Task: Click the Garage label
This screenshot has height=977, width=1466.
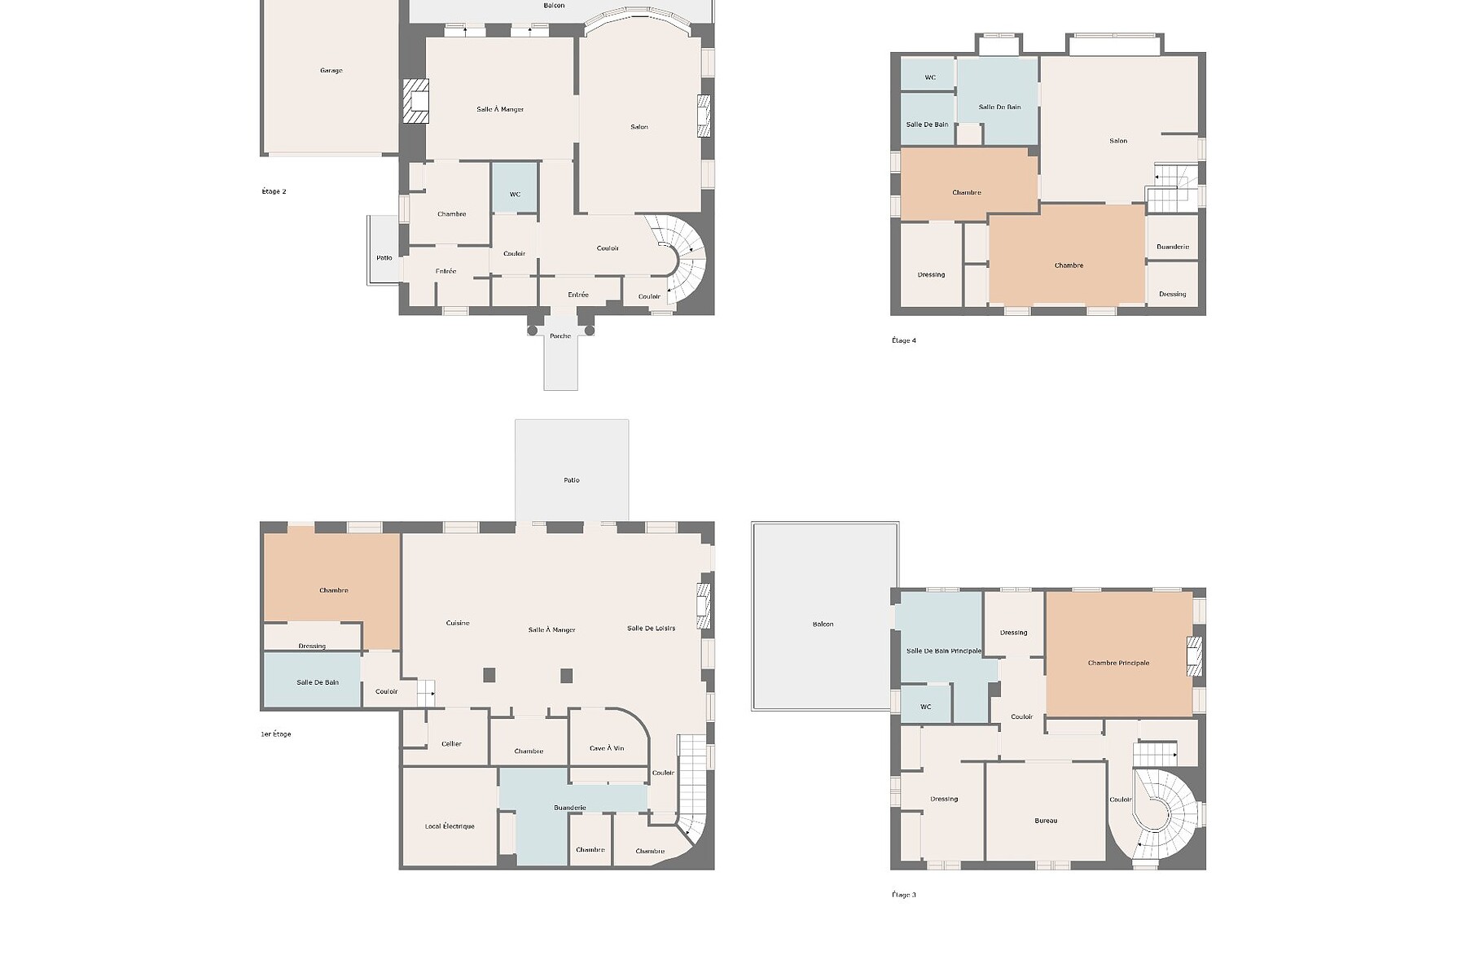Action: point(331,71)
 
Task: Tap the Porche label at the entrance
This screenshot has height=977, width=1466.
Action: point(560,336)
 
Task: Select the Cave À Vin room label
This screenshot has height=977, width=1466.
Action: point(607,748)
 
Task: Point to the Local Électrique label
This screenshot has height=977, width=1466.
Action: point(450,826)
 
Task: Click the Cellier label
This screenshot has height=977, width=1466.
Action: point(451,744)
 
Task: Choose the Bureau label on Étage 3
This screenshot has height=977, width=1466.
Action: point(1046,821)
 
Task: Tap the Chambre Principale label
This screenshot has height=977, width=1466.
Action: point(1118,663)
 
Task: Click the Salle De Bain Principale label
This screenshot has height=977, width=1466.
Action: point(944,651)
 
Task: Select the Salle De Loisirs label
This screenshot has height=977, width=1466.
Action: point(652,628)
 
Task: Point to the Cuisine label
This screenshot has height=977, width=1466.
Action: point(458,623)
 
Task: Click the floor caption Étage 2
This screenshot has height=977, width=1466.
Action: point(274,191)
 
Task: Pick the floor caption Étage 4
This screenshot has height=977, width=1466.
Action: point(904,340)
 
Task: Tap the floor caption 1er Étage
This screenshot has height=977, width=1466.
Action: point(276,734)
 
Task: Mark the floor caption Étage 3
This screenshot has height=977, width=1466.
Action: point(904,895)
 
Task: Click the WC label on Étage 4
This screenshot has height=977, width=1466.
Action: point(930,77)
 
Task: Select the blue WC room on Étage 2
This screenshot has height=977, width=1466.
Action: point(515,188)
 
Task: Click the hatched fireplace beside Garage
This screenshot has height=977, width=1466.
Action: point(416,101)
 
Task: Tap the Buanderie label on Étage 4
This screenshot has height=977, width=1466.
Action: point(1173,247)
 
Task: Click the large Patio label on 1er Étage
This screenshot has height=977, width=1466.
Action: point(572,480)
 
